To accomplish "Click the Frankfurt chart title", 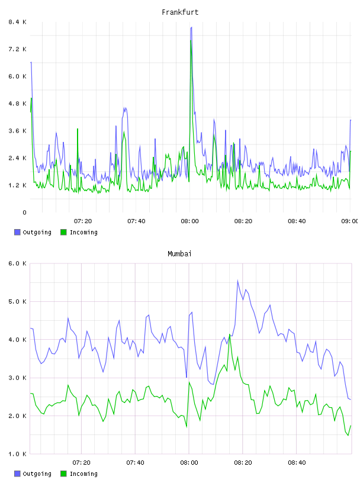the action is point(180,12).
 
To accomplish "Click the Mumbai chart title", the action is point(179,254).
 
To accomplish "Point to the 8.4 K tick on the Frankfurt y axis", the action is point(18,22).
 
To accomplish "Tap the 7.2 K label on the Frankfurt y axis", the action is point(18,49).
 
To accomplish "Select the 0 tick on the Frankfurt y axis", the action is point(25,212).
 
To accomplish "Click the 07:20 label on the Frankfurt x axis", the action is point(83,221).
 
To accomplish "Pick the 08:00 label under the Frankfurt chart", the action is point(190,221).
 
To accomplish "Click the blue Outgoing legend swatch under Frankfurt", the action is point(17,232).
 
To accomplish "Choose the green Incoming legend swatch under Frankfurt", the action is point(63,232).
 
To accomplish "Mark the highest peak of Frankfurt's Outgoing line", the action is point(191,27).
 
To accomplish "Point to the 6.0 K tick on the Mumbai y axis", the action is point(18,263).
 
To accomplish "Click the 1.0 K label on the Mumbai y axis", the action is point(18,454).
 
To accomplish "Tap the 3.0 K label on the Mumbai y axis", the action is point(18,378).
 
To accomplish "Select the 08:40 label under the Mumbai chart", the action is point(297,462).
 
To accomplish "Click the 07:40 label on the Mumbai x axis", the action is point(136,462).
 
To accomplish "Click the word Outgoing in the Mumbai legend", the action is point(37,474).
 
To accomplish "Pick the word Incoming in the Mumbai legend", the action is point(83,474).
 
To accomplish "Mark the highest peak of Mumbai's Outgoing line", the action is point(237,281).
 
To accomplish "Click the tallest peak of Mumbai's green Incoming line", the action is point(230,334).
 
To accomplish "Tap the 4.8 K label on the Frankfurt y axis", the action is point(18,104).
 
